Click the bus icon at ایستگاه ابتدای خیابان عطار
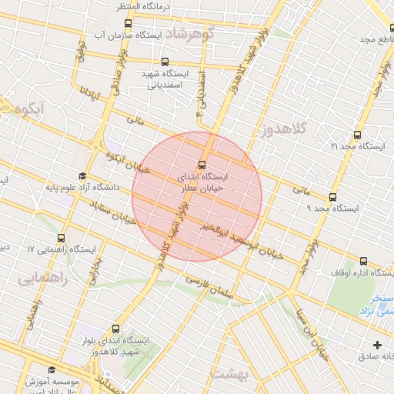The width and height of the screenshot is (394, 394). click(202, 164)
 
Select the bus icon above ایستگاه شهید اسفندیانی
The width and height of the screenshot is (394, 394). click(165, 62)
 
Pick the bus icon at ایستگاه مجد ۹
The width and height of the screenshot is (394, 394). click(332, 197)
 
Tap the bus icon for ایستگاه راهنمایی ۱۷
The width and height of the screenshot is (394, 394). click(62, 238)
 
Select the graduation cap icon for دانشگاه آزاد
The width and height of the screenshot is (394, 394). click(82, 175)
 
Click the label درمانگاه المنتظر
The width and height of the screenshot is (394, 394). click(142, 6)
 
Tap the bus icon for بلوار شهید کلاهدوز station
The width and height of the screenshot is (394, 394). click(116, 329)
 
